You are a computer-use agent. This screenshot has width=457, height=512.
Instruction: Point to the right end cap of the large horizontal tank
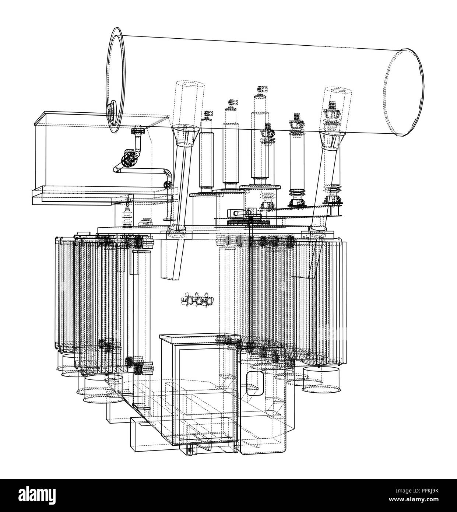pos(405,92)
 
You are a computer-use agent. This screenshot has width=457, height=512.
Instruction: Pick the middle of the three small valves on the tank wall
pos(199,299)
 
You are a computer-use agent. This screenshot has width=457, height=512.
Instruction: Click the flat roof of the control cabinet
pos(200,339)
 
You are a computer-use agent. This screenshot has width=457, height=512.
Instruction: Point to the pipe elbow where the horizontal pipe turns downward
pos(168,174)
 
